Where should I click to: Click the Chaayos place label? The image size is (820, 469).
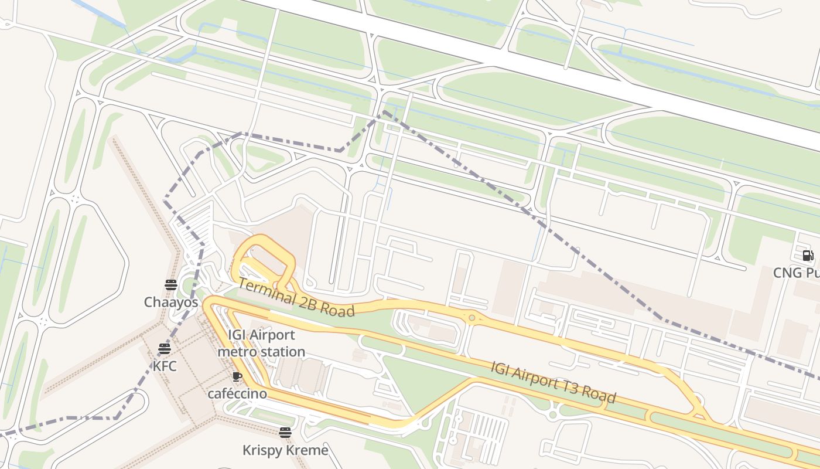click(171, 302)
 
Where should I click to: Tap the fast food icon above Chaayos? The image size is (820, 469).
click(171, 286)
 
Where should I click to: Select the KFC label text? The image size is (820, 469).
click(165, 366)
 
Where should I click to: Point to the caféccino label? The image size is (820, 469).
click(237, 393)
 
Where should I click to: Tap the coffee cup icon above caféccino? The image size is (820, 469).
click(237, 377)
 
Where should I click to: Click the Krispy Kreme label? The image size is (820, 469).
click(285, 450)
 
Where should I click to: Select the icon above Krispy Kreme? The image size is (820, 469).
click(285, 433)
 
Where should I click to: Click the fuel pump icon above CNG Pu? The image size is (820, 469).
click(808, 256)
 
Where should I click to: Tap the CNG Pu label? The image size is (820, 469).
click(796, 273)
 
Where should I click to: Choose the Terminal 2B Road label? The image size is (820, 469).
click(296, 297)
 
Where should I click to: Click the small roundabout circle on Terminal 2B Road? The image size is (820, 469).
click(471, 318)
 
